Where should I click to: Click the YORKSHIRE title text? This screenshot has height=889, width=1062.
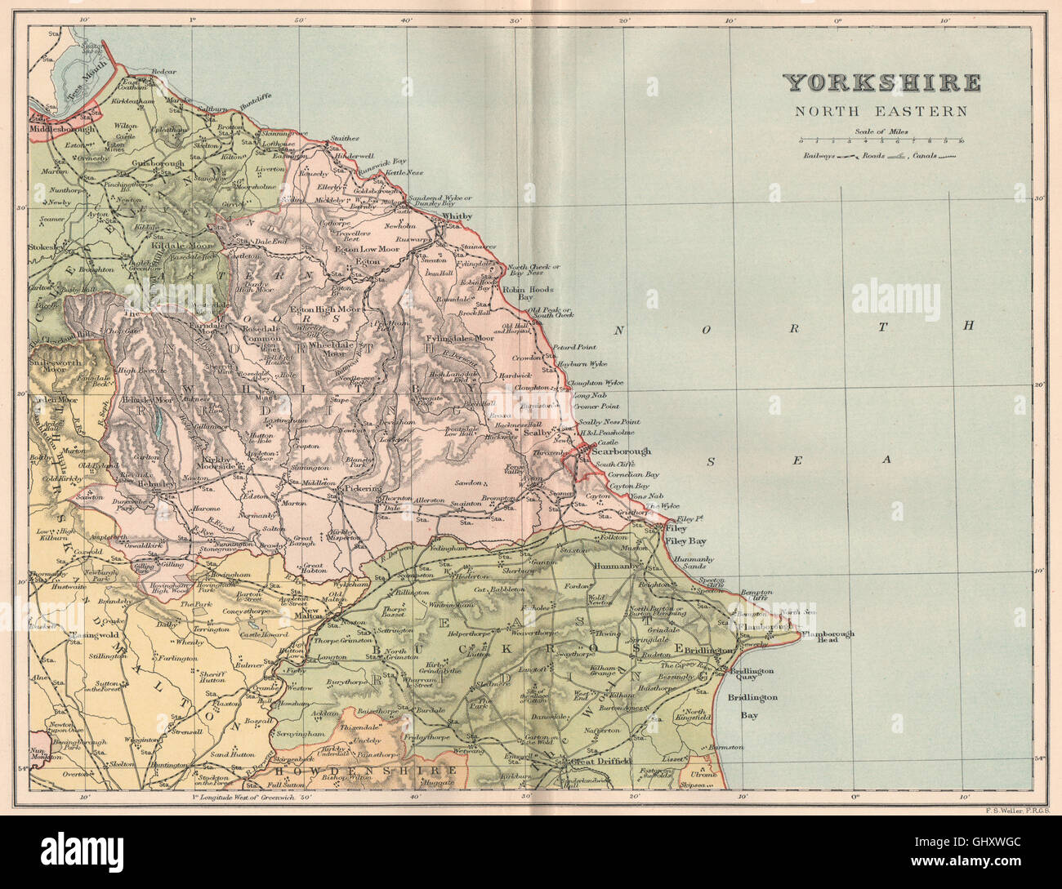tap(883, 82)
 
